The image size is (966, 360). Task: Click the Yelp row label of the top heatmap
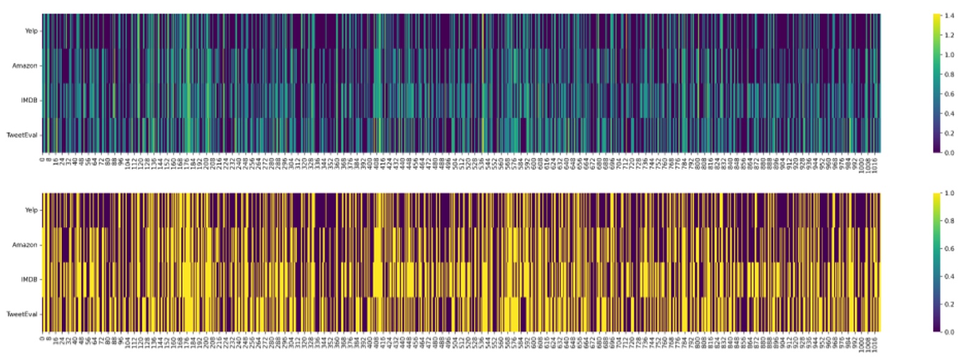(31, 31)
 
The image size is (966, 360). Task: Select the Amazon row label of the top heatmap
(25, 65)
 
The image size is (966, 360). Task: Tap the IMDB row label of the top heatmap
(29, 100)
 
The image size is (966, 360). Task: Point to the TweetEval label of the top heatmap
(22, 135)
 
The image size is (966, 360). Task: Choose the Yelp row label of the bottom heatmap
(31, 210)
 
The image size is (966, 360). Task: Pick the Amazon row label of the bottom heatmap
(25, 245)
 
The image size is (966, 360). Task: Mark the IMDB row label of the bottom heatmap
(29, 280)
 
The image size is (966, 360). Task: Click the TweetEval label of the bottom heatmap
(22, 314)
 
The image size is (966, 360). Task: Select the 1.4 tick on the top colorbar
(949, 16)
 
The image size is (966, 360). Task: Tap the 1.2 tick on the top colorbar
(949, 35)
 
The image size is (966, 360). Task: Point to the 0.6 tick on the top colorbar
(949, 94)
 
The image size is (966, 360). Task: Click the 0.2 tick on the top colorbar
(949, 133)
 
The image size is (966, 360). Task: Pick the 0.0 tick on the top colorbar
(949, 153)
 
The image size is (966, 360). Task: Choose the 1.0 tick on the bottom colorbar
(949, 193)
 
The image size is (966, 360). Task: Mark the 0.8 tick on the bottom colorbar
(949, 221)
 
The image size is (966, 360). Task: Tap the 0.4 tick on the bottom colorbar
(949, 276)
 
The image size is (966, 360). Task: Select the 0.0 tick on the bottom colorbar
(949, 332)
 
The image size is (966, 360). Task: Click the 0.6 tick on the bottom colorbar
(949, 249)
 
